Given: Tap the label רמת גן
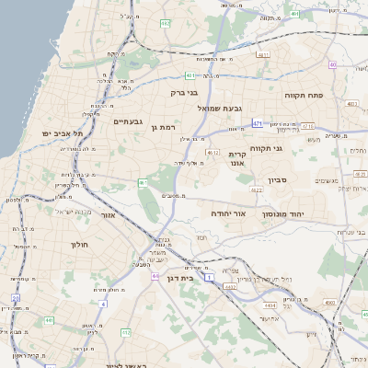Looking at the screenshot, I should coord(165,127).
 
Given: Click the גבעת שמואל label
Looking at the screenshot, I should coord(220,108).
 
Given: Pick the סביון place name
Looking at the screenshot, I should coord(279,180).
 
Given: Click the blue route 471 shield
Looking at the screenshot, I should coord(259,124).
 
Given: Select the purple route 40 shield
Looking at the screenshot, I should coord(331,64).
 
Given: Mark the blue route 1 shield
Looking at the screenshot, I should coord(210,276).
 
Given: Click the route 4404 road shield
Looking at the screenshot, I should coord(270,305).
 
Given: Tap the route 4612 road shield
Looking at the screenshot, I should coord(213,153).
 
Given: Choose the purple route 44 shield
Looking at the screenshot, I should coord(156,275).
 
